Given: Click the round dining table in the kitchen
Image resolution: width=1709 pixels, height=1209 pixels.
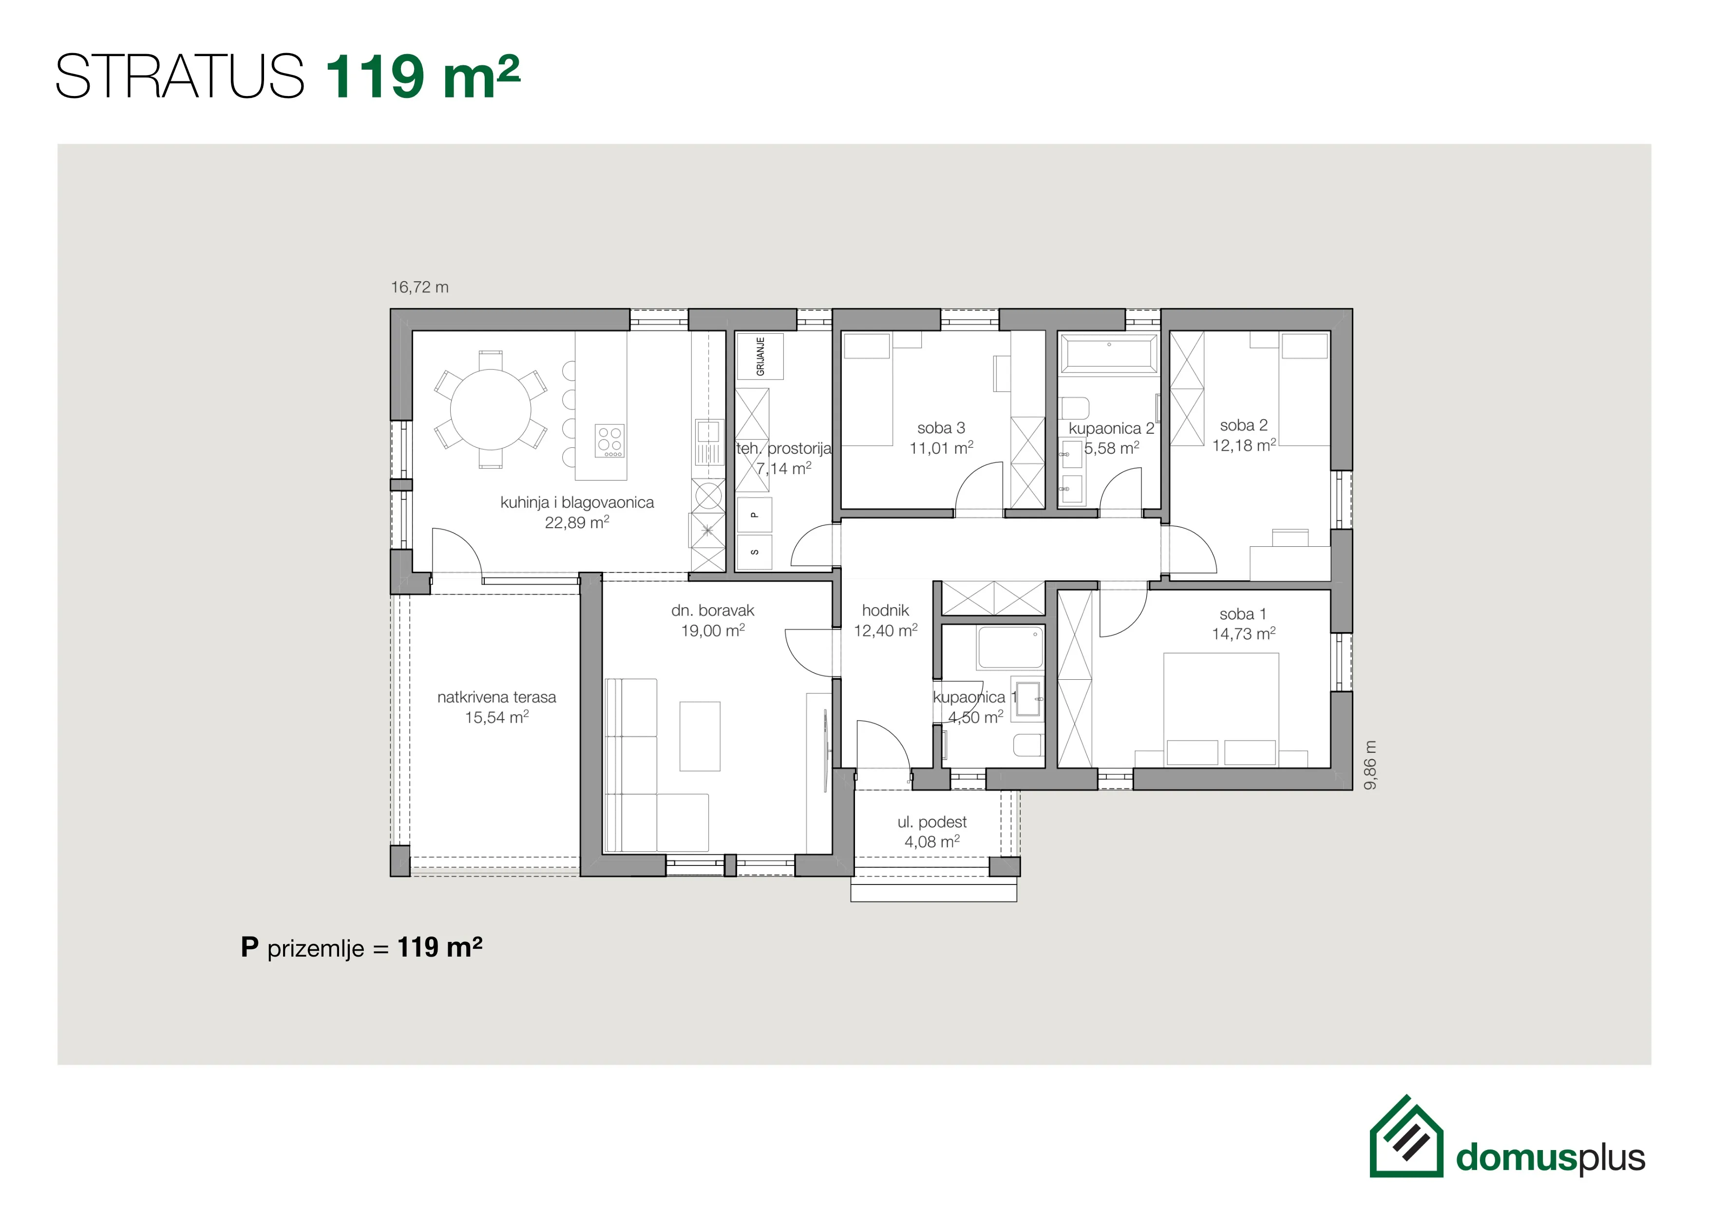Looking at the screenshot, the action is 491,409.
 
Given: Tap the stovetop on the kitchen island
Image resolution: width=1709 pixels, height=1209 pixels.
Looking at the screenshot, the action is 609,441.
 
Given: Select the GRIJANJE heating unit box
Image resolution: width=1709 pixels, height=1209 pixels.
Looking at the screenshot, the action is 759,357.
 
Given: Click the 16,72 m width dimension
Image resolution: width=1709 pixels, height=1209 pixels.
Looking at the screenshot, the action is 420,288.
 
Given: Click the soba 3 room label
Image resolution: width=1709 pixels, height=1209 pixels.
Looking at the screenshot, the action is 941,428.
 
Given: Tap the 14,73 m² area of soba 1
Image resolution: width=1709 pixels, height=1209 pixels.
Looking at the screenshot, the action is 1244,633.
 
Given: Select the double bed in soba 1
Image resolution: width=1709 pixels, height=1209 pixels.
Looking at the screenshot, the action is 1221,710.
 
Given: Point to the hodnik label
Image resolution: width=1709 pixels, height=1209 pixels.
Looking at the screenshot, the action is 885,611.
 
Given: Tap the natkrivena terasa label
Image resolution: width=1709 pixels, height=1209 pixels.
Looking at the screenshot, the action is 496,697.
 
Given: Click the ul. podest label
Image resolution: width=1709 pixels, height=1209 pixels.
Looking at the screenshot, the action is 932,822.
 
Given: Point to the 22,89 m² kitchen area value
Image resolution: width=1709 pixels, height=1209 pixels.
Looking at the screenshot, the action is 577,522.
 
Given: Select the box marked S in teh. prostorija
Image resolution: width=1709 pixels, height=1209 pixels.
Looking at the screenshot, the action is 754,552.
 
